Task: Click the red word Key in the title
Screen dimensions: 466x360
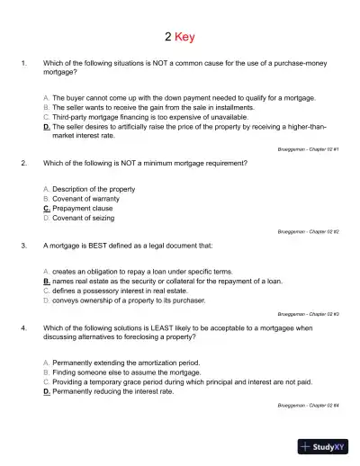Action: [186, 37]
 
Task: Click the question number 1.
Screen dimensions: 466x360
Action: [22, 64]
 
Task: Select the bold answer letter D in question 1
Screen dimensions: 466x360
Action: [47, 128]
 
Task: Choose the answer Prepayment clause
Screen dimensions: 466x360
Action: [86, 209]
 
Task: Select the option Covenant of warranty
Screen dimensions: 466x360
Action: [88, 199]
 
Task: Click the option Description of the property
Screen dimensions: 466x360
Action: [94, 190]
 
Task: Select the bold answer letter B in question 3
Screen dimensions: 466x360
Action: [47, 281]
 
